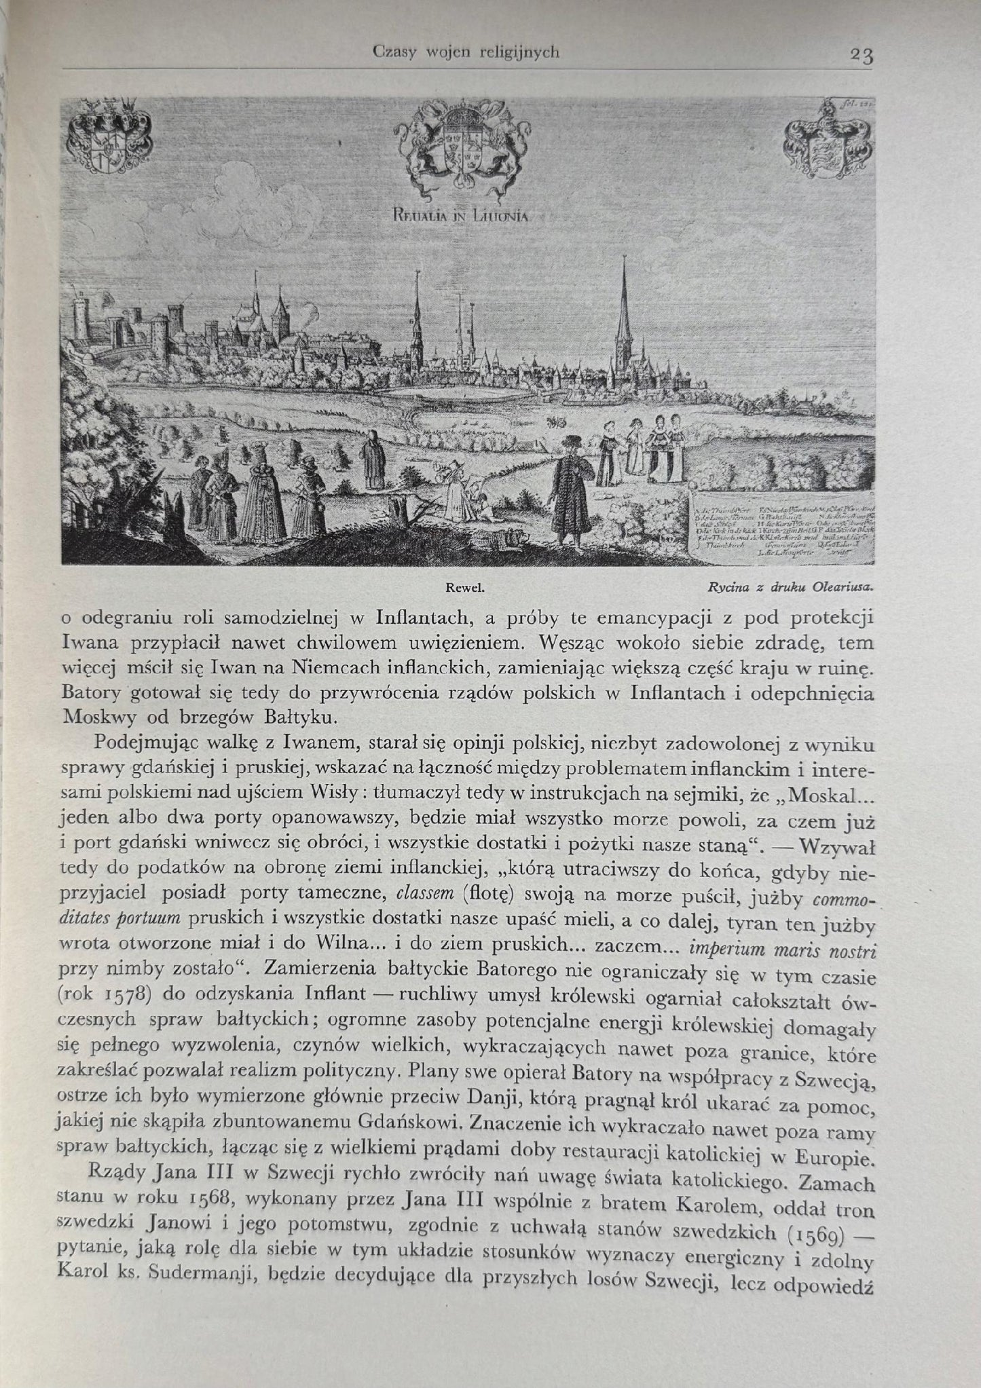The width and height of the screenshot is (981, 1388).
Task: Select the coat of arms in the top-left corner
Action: coord(107,136)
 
